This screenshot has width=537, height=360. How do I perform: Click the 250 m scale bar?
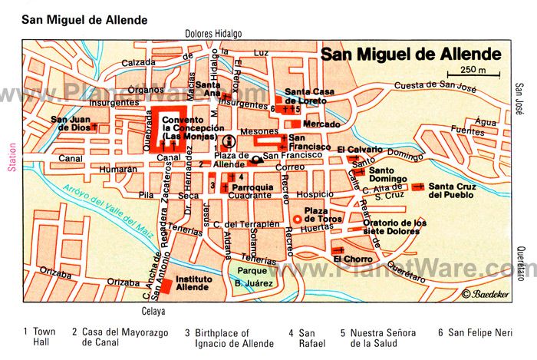474,76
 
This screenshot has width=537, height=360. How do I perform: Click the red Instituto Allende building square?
166,286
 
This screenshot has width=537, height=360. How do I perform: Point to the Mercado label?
321,124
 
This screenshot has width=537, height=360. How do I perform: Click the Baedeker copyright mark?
487,294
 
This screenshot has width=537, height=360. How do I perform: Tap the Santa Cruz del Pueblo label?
451,190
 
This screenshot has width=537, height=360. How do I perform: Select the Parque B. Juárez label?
250,276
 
